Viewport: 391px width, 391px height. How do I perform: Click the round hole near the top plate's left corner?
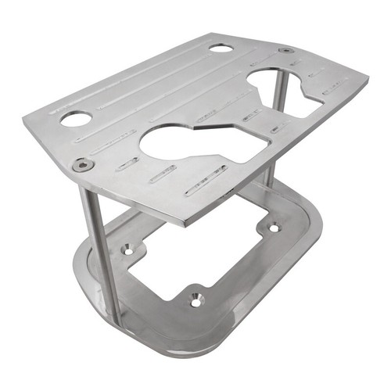[76, 119]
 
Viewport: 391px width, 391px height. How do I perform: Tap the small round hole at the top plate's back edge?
[221, 48]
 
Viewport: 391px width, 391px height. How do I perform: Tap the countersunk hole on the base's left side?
[127, 249]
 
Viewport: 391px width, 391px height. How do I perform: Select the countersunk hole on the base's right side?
[273, 228]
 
